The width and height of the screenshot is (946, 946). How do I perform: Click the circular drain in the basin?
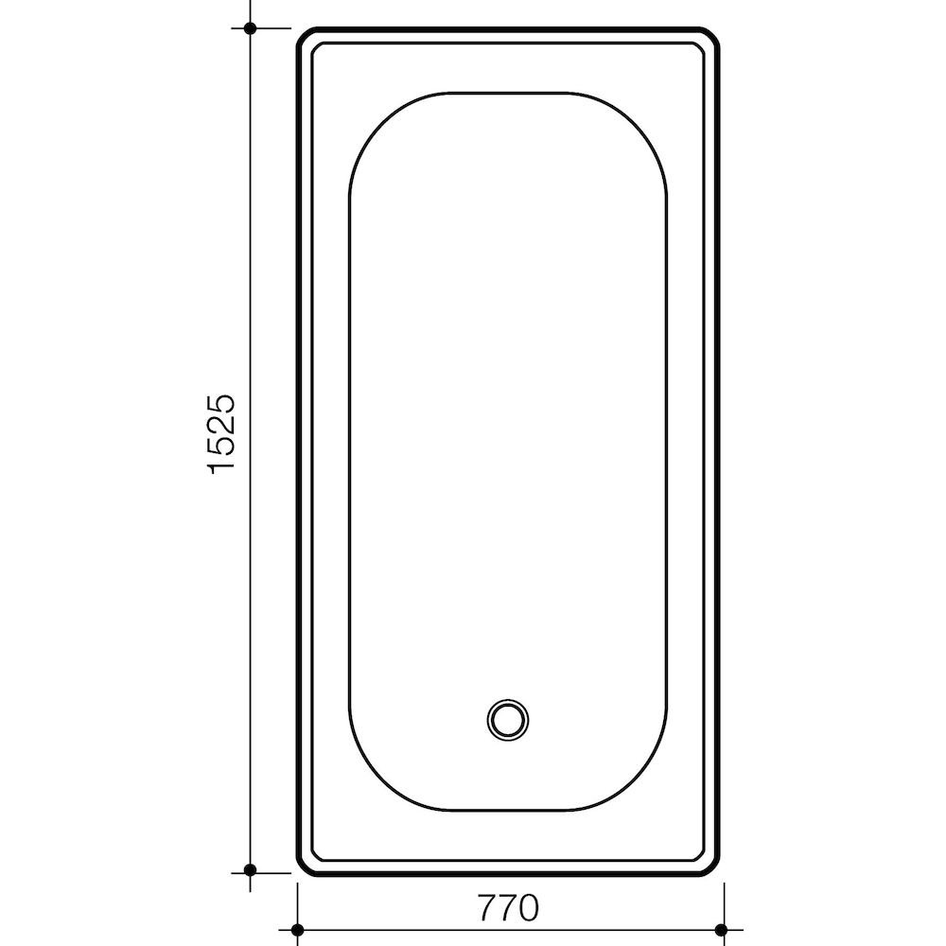508,720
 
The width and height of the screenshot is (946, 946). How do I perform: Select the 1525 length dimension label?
220,434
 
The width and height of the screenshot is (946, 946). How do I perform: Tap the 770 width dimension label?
508,907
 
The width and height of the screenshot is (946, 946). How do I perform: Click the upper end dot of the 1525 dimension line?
251,27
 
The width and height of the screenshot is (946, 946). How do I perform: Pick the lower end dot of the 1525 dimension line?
251,869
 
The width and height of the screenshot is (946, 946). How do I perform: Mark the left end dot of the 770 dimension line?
297,930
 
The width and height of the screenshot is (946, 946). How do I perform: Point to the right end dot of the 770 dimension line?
721,930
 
